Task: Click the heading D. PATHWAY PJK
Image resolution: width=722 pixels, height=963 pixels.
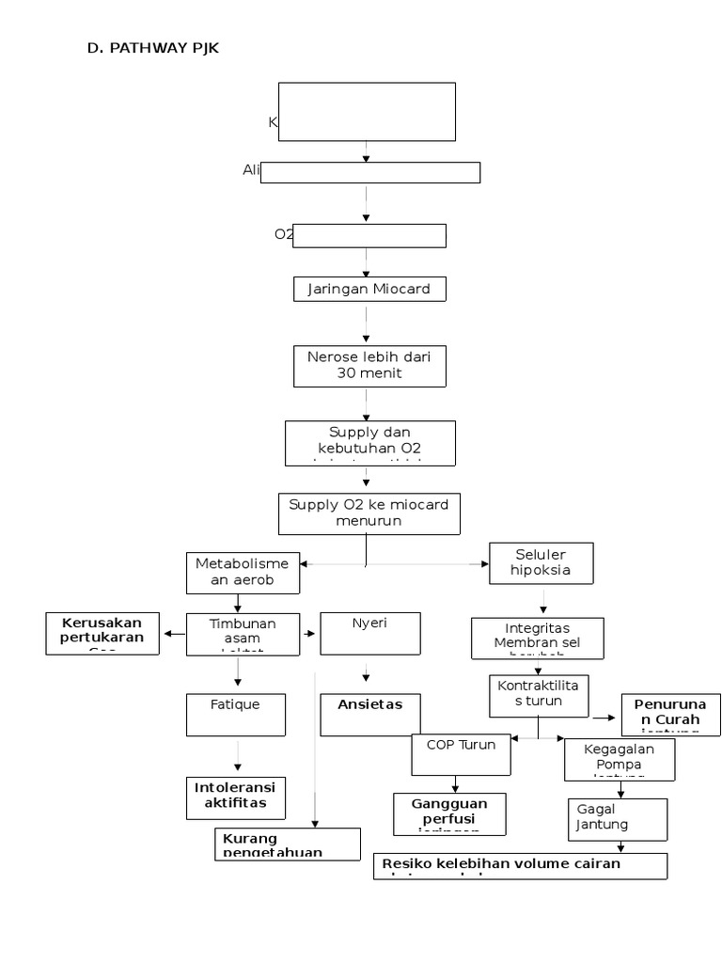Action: click(x=152, y=49)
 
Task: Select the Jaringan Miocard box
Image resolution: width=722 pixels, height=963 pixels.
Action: click(x=369, y=289)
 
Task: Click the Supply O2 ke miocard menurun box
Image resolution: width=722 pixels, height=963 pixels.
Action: click(x=369, y=513)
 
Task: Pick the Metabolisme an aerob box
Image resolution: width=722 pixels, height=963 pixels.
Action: click(x=243, y=573)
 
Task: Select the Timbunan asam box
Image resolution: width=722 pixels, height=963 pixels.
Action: click(x=243, y=632)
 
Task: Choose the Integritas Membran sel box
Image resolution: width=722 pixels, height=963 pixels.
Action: click(x=538, y=637)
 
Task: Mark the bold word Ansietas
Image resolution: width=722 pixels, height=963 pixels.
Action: click(x=369, y=703)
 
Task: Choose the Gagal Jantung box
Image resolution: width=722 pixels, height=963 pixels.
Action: click(x=619, y=818)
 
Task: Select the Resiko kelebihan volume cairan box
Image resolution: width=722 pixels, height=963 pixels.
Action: click(x=521, y=865)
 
